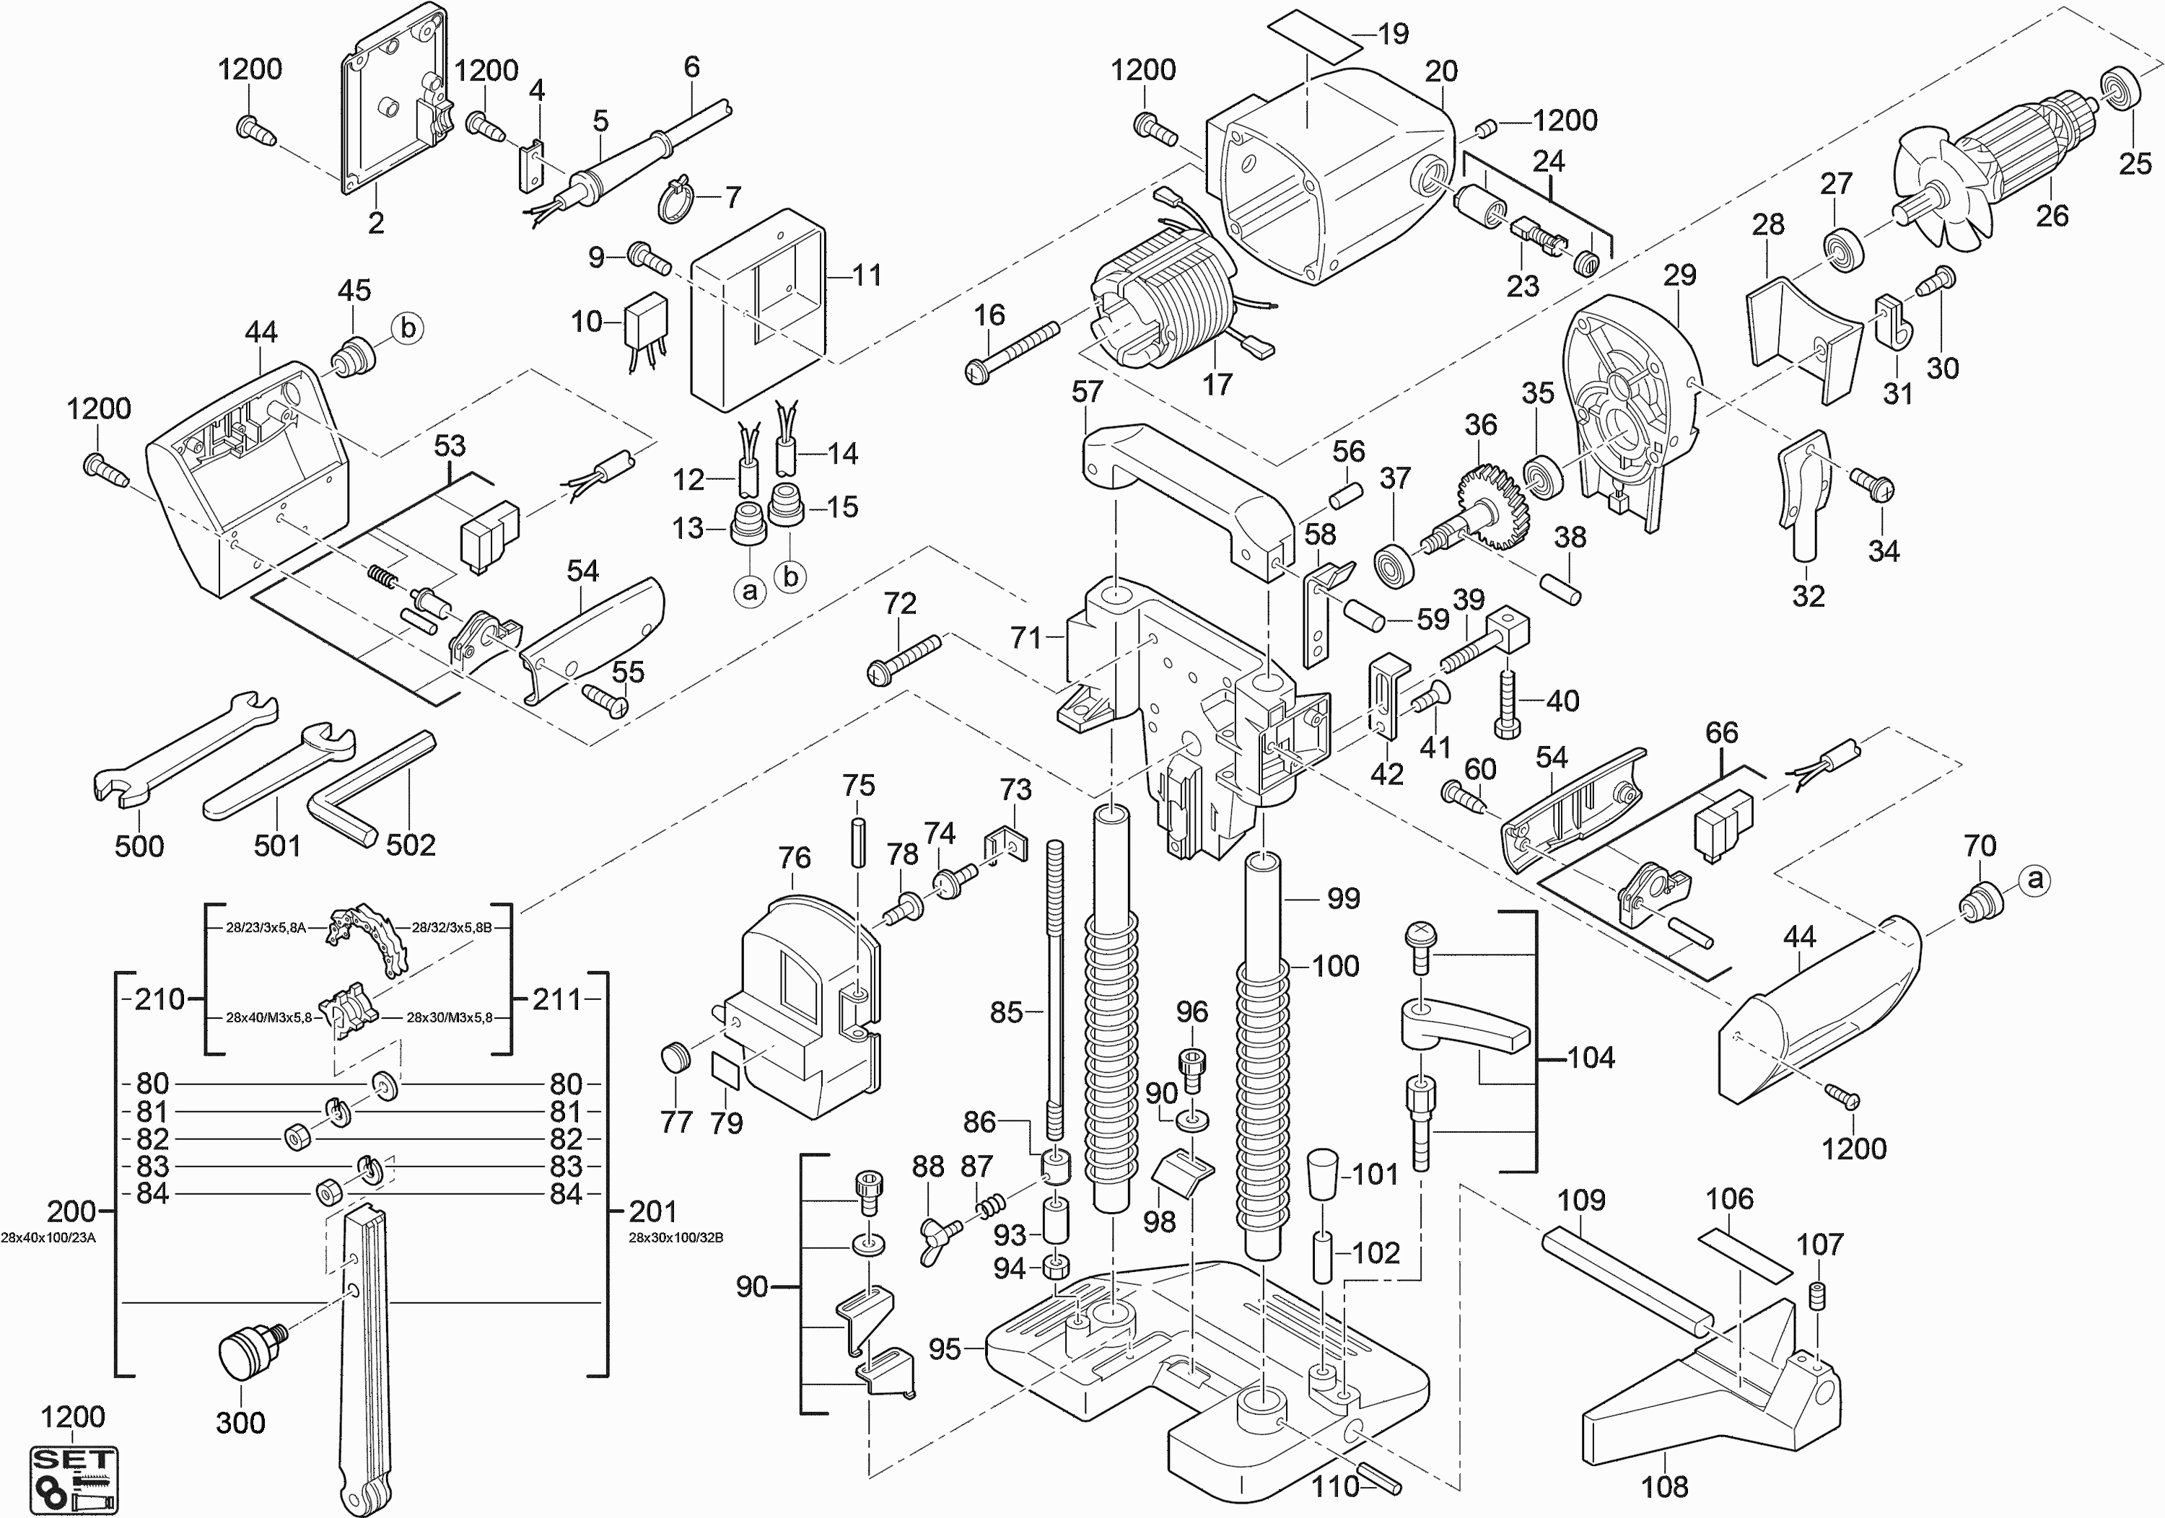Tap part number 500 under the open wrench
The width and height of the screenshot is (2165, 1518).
[139, 846]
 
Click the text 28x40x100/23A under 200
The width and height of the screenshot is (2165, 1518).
[48, 1237]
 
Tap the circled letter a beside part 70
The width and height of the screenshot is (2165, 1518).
[2037, 879]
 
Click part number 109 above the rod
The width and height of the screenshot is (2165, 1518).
[1581, 1201]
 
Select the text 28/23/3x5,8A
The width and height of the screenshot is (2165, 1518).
[265, 928]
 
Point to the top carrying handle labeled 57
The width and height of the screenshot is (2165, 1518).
[1188, 495]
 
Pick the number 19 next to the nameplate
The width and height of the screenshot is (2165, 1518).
[1393, 34]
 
